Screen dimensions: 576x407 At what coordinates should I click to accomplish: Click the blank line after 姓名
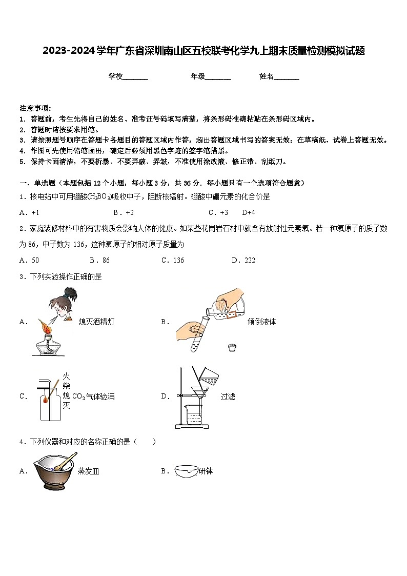[287, 77]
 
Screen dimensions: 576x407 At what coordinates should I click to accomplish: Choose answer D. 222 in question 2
[243, 260]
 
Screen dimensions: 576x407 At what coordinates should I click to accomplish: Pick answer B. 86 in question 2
[99, 260]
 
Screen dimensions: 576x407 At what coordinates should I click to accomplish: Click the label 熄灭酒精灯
[96, 322]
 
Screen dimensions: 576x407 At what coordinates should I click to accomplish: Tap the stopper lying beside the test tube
[232, 348]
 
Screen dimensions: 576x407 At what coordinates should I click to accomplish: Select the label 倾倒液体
[261, 322]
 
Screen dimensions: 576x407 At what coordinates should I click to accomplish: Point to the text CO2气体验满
[93, 396]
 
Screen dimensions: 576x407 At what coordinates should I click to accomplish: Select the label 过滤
[228, 396]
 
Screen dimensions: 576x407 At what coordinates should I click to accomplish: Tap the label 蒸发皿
[88, 471]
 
